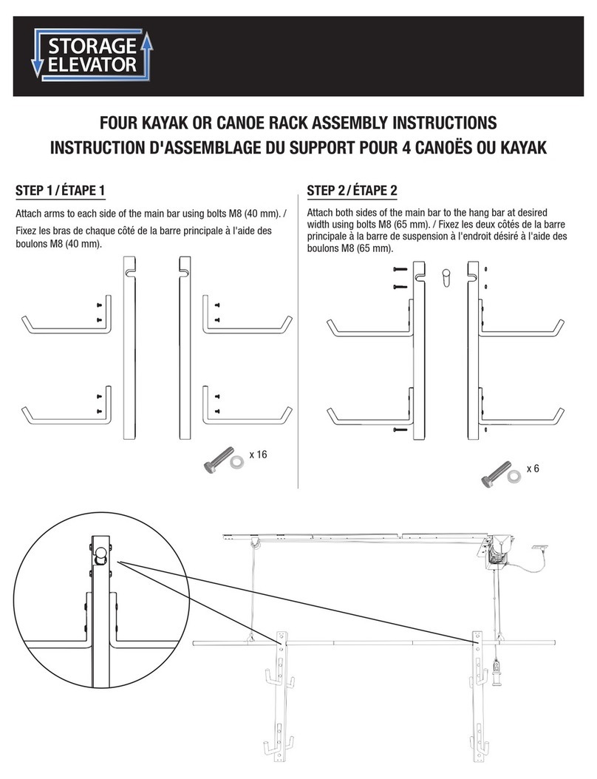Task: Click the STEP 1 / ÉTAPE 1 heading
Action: point(60,191)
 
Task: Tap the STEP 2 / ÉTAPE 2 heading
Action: point(352,191)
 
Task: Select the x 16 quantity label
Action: point(256,455)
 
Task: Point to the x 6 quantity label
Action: point(533,469)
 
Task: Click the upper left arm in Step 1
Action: point(66,322)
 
